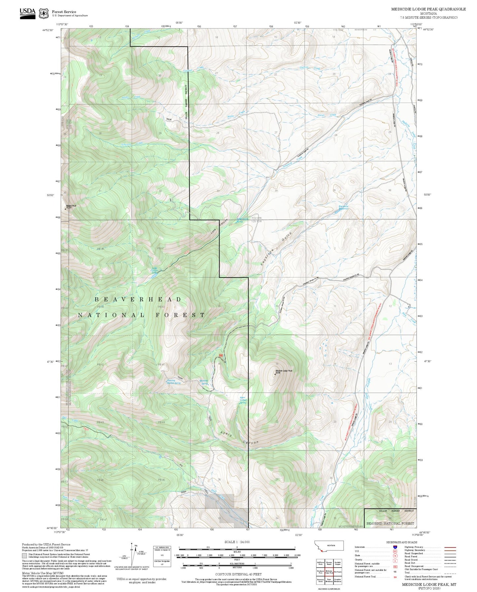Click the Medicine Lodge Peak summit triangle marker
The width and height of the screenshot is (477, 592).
tap(275, 374)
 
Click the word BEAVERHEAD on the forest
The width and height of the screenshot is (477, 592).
tap(138, 299)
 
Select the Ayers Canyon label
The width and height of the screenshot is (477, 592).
tap(239, 438)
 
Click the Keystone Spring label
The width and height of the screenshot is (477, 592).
tap(204, 382)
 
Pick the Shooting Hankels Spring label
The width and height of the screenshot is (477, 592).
tap(174, 382)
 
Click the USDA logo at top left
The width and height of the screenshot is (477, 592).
tap(27, 13)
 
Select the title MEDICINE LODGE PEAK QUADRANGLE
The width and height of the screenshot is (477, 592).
tap(428, 9)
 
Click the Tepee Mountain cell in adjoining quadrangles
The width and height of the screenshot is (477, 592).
tap(329, 580)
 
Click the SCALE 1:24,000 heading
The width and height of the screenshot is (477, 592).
tap(237, 542)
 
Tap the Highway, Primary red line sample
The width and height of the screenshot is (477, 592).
tap(450, 547)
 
